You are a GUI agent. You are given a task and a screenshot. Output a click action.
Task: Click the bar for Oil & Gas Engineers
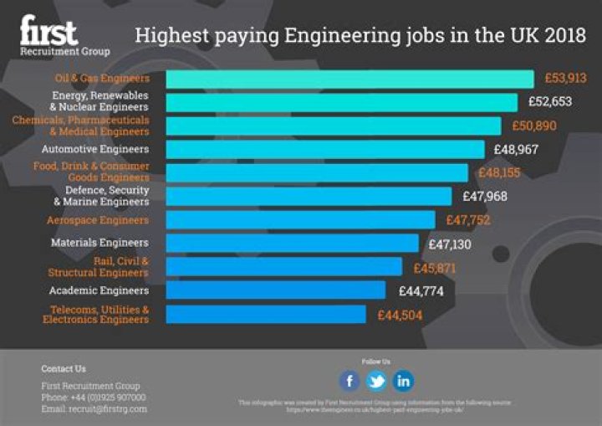coord(349,79)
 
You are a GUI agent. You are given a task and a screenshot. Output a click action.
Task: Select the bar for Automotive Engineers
coord(324,149)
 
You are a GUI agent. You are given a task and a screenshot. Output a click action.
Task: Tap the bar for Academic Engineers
coord(275,290)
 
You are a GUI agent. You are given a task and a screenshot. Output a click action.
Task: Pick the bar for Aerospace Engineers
coord(300,220)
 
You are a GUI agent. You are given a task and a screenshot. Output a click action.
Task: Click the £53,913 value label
coord(565,79)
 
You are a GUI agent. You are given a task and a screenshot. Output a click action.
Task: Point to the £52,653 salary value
coord(549,102)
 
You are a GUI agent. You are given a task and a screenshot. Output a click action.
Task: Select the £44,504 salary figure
coord(400,316)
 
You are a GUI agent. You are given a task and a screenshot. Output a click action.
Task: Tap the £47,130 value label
coord(450,244)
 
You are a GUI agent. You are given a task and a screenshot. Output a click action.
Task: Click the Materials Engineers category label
coord(99,243)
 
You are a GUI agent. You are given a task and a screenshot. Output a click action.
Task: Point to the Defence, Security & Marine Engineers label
coord(100,196)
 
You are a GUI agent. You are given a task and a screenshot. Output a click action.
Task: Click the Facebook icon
coord(349,382)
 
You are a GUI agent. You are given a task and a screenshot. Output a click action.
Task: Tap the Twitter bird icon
coord(376,382)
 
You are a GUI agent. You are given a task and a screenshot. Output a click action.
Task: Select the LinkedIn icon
coord(403,382)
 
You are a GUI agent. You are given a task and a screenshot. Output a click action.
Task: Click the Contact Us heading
coord(64,368)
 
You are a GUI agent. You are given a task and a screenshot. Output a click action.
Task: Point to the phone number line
coord(93,398)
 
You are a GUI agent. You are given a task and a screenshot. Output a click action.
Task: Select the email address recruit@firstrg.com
coord(94,409)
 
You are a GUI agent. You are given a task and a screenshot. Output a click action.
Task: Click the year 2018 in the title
coord(563,36)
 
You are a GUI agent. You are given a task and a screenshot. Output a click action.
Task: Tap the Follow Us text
coord(375,362)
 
